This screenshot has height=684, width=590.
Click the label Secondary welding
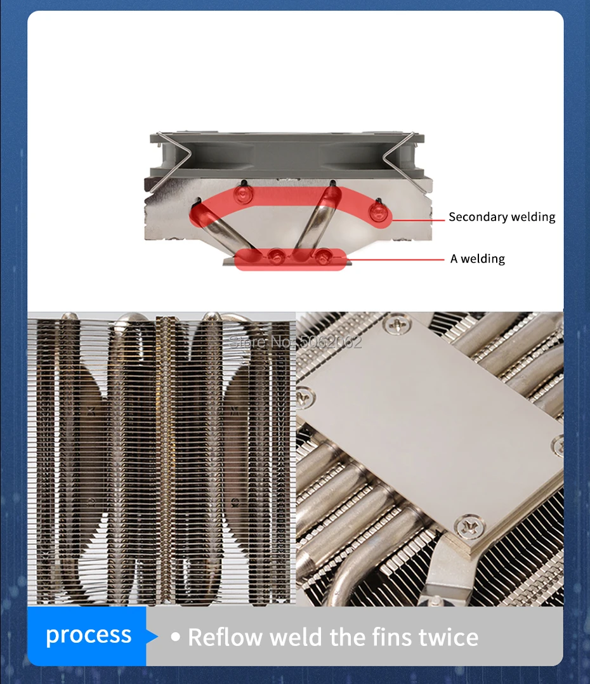(x=502, y=217)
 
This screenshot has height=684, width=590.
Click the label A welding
(x=478, y=259)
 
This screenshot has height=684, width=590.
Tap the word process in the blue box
(x=89, y=636)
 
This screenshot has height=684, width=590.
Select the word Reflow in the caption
(x=225, y=637)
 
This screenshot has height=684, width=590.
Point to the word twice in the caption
(x=449, y=637)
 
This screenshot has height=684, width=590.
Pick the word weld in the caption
(x=296, y=637)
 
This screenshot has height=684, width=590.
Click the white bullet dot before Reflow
(x=175, y=637)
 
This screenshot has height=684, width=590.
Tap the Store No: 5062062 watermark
(x=295, y=342)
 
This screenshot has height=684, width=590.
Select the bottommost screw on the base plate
(x=469, y=526)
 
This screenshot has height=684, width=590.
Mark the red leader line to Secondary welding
(x=417, y=220)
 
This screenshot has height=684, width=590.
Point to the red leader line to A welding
(x=395, y=260)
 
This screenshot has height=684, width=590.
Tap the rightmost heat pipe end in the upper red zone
(x=377, y=212)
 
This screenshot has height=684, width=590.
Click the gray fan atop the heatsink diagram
(x=287, y=155)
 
